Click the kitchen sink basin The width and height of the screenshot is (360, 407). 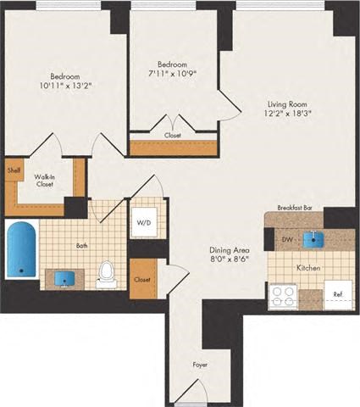click(x=318, y=238)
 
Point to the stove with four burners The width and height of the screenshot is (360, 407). click(x=281, y=297)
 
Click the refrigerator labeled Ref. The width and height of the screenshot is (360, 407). click(x=338, y=294)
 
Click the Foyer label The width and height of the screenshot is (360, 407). click(x=199, y=365)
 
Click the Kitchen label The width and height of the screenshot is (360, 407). click(x=307, y=267)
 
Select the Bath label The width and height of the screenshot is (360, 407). click(x=82, y=246)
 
